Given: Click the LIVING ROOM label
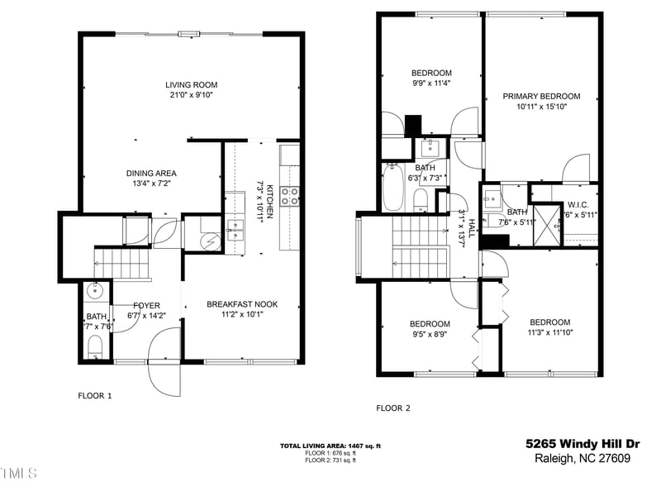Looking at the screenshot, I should coord(191,84).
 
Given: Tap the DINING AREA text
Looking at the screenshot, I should coord(151,173).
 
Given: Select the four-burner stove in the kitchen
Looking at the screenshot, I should coord(291,196).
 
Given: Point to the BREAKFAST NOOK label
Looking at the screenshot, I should coord(242,304).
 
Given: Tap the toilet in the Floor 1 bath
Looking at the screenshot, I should coord(94,345).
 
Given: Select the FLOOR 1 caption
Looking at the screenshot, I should coord(94,395).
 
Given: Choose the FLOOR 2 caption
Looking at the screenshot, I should coord(393,408).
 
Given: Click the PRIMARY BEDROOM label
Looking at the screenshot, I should coord(541,96).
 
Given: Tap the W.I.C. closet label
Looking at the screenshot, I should coord(578,204).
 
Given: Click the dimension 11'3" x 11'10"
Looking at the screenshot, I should coord(549,333).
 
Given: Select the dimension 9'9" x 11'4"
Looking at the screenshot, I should coord(430,83).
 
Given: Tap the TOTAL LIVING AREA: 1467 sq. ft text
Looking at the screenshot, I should coord(330,446).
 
